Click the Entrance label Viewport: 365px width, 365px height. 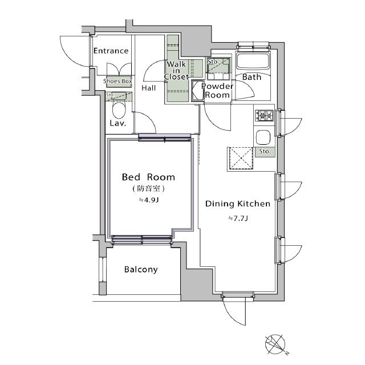point(111,51)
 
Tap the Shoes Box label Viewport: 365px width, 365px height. point(117,81)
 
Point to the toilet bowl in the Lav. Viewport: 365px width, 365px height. point(119,109)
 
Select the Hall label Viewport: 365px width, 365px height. point(149,88)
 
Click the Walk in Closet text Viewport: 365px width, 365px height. point(176,70)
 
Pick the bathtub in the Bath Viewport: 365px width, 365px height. point(253,60)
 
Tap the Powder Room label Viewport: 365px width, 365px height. point(217,91)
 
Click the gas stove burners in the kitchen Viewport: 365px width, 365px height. point(265,115)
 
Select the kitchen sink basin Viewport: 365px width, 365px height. point(263,137)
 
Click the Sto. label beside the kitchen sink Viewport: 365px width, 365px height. point(265,152)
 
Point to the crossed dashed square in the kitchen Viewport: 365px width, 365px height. point(241,158)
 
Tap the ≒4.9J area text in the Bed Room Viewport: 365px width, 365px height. point(149,200)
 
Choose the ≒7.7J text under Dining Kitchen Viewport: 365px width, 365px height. point(238,218)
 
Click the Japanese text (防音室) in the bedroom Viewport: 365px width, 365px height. point(149,189)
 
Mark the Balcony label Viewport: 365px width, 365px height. point(141,270)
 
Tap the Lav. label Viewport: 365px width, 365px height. point(118,123)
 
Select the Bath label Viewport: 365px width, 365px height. point(252,77)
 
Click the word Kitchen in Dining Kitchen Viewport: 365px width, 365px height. point(254,204)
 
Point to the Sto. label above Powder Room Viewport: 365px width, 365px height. point(213,62)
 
